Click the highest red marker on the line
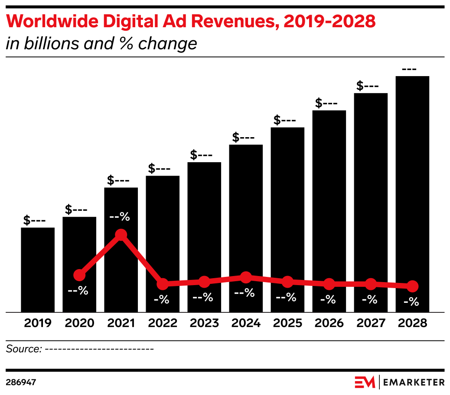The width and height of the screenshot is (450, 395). pyautogui.click(x=121, y=235)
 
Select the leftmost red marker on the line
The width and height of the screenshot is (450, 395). pyautogui.click(x=79, y=275)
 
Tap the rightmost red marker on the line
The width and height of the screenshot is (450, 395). pyautogui.click(x=412, y=286)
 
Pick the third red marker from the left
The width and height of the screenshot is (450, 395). pyautogui.click(x=163, y=284)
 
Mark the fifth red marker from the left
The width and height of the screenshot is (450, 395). pyautogui.click(x=246, y=277)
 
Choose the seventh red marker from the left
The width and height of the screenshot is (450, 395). pyautogui.click(x=329, y=284)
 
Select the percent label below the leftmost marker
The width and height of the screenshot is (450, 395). pyautogui.click(x=78, y=291)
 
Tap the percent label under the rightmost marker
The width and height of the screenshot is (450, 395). pyautogui.click(x=411, y=302)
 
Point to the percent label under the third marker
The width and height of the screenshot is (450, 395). pyautogui.click(x=161, y=299)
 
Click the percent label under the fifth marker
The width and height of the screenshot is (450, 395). pyautogui.click(x=244, y=293)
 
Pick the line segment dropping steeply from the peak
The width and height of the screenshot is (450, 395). pyautogui.click(x=142, y=260)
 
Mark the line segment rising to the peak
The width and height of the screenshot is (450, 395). pyautogui.click(x=100, y=255)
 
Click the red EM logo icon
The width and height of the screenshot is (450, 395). pyautogui.click(x=365, y=382)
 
